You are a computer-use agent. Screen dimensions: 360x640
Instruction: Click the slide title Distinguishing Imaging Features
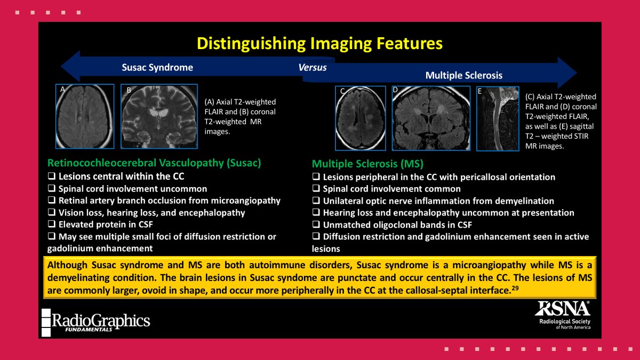pyautogui.click(x=320, y=43)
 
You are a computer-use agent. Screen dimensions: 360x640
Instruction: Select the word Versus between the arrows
pyautogui.click(x=313, y=68)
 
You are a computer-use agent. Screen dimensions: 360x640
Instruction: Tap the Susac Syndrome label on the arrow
pyautogui.click(x=157, y=68)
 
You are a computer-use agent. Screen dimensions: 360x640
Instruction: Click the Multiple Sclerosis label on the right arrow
pyautogui.click(x=463, y=76)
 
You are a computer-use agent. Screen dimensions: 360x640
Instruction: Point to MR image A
pyautogui.click(x=85, y=116)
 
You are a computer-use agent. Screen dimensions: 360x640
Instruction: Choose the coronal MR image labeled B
pyautogui.click(x=159, y=116)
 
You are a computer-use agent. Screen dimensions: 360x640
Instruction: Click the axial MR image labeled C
pyautogui.click(x=360, y=118)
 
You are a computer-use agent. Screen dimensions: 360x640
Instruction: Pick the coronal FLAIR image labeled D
pyautogui.click(x=431, y=117)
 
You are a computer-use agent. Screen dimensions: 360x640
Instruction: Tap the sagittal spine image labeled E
pyautogui.click(x=498, y=118)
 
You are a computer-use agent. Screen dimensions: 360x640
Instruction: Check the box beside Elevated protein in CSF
pyautogui.click(x=51, y=225)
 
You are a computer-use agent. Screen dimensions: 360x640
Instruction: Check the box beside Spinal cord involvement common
pyautogui.click(x=316, y=189)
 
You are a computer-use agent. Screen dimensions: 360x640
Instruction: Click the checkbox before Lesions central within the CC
pyautogui.click(x=51, y=177)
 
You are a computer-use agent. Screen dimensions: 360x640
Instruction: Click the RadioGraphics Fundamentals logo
pyautogui.click(x=96, y=322)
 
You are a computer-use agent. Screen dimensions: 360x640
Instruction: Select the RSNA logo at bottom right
pyautogui.click(x=562, y=315)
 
